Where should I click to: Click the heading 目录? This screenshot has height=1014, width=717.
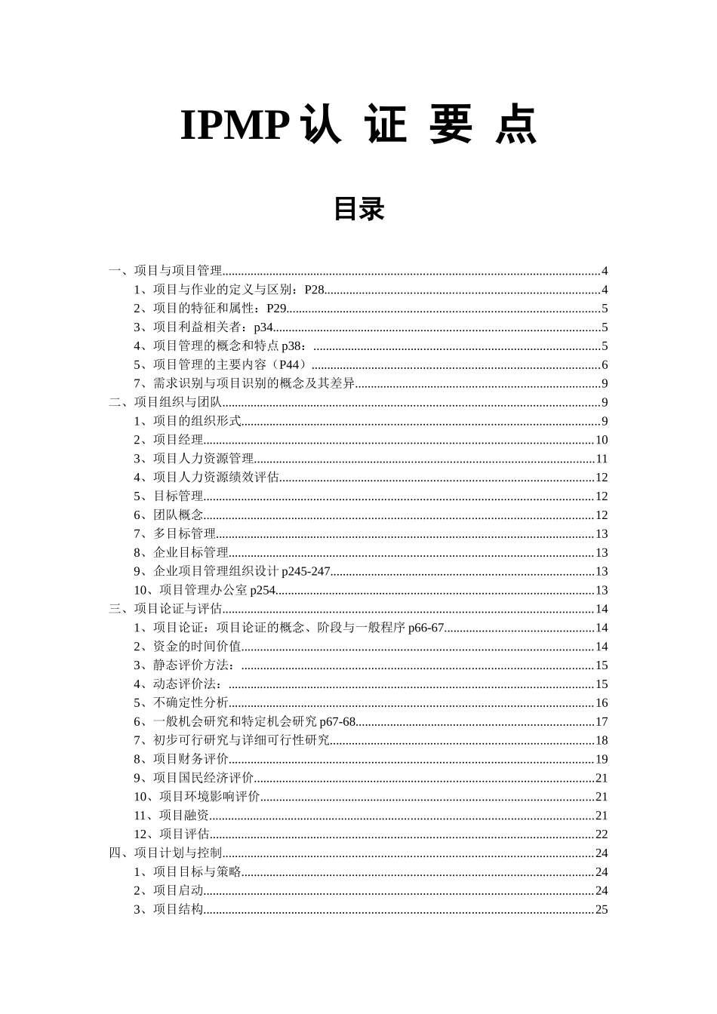coord(359,209)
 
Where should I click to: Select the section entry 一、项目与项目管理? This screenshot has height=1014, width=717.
coord(165,271)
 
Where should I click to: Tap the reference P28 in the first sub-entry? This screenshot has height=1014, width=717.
coord(314,290)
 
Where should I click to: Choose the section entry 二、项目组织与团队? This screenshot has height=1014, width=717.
coord(165,402)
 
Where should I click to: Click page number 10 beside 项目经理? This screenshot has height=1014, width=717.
coord(602,440)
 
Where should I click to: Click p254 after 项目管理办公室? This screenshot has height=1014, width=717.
coord(263,591)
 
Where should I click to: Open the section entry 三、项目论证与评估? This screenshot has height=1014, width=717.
coord(165,609)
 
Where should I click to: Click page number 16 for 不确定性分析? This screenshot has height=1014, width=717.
coord(602,703)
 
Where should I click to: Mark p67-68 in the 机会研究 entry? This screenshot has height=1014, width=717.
coord(337,722)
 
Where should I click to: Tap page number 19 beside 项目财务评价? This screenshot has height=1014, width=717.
coord(602,759)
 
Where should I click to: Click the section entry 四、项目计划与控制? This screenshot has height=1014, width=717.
coord(165,853)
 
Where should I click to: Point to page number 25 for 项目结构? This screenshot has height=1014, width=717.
coord(602,909)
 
